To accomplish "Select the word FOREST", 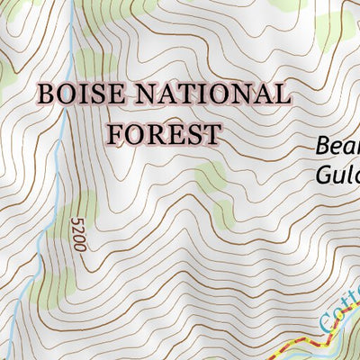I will pos(164,134).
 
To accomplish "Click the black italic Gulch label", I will pos(338,173).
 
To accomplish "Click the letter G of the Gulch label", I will pos(322,173).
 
